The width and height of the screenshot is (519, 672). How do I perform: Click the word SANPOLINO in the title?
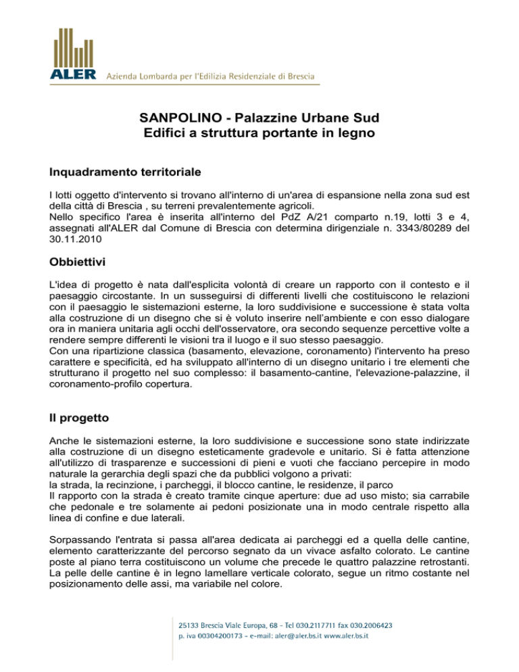click(x=172, y=118)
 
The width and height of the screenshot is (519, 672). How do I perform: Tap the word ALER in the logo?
click(x=68, y=74)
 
